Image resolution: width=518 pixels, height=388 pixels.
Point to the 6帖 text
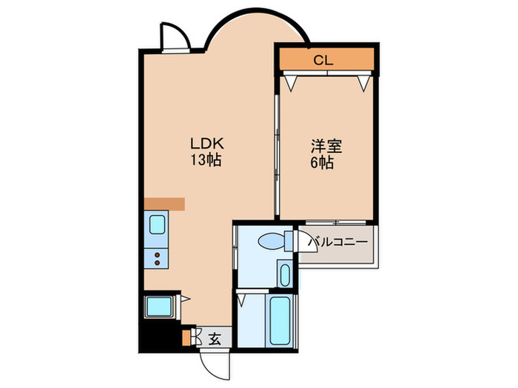(321, 163)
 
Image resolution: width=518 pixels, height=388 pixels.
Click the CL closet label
(323, 60)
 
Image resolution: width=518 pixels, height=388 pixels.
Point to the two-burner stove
(158, 258)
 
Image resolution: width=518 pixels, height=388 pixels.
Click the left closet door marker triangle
(290, 83)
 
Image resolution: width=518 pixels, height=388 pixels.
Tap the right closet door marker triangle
(363, 83)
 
